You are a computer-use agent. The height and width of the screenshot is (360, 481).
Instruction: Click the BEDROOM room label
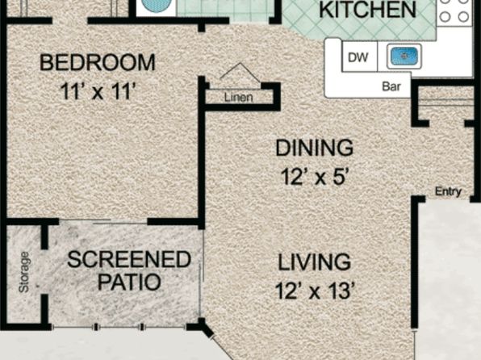click(x=98, y=63)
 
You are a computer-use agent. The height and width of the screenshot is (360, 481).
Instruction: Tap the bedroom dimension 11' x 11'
click(x=98, y=91)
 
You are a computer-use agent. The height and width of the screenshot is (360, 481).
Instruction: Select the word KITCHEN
click(x=367, y=10)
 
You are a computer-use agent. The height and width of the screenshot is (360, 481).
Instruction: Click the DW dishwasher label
click(x=358, y=57)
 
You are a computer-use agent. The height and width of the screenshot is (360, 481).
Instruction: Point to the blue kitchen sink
click(x=404, y=56)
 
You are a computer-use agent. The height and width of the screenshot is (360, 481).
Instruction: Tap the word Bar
click(x=391, y=86)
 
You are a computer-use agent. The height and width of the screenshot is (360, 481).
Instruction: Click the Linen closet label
click(x=239, y=98)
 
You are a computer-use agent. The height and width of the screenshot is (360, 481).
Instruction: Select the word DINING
click(x=315, y=148)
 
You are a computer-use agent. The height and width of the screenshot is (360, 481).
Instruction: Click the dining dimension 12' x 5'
click(x=315, y=177)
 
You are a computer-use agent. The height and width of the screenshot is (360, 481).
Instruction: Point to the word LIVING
click(x=315, y=262)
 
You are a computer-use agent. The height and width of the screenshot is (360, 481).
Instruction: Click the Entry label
click(x=448, y=191)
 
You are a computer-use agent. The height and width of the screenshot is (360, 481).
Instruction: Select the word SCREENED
click(x=129, y=259)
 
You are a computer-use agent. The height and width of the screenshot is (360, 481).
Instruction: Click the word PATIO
click(x=129, y=282)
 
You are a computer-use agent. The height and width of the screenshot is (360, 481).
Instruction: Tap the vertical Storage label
click(x=24, y=272)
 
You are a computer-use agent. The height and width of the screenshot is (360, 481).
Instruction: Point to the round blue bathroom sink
click(x=157, y=4)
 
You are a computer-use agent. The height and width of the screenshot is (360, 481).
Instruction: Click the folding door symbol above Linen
click(x=240, y=73)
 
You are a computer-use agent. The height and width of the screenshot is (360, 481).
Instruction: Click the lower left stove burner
click(x=445, y=17)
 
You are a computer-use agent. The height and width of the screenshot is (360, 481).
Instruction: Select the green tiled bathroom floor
click(x=225, y=8)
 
